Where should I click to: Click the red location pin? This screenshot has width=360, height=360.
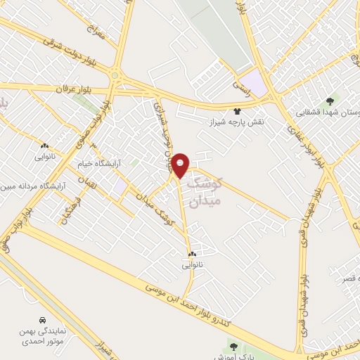coord(181,165)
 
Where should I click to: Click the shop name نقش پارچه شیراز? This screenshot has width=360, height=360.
coord(236,122)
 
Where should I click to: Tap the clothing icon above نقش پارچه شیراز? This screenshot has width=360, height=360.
coord(237,111)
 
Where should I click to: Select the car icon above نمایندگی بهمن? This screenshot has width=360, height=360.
coord(44,319)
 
